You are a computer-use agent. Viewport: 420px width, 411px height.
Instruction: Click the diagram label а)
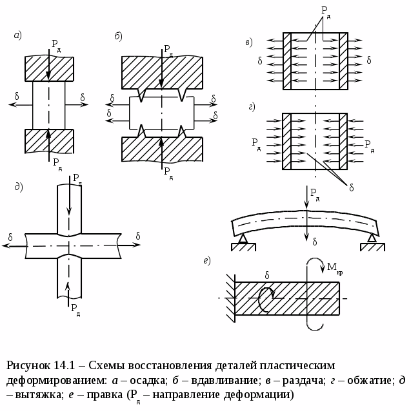(x=18, y=36)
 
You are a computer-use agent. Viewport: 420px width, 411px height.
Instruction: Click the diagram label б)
(x=118, y=36)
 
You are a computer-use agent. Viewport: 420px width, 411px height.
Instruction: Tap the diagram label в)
(x=248, y=43)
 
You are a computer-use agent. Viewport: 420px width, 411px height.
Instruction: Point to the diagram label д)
(x=19, y=187)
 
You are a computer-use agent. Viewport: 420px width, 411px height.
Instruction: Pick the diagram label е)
(x=207, y=260)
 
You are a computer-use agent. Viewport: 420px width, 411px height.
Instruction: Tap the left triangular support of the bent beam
(x=243, y=240)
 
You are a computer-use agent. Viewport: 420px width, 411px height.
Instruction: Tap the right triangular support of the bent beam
(x=372, y=240)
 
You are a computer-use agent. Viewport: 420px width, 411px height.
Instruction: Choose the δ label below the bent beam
(x=314, y=242)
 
